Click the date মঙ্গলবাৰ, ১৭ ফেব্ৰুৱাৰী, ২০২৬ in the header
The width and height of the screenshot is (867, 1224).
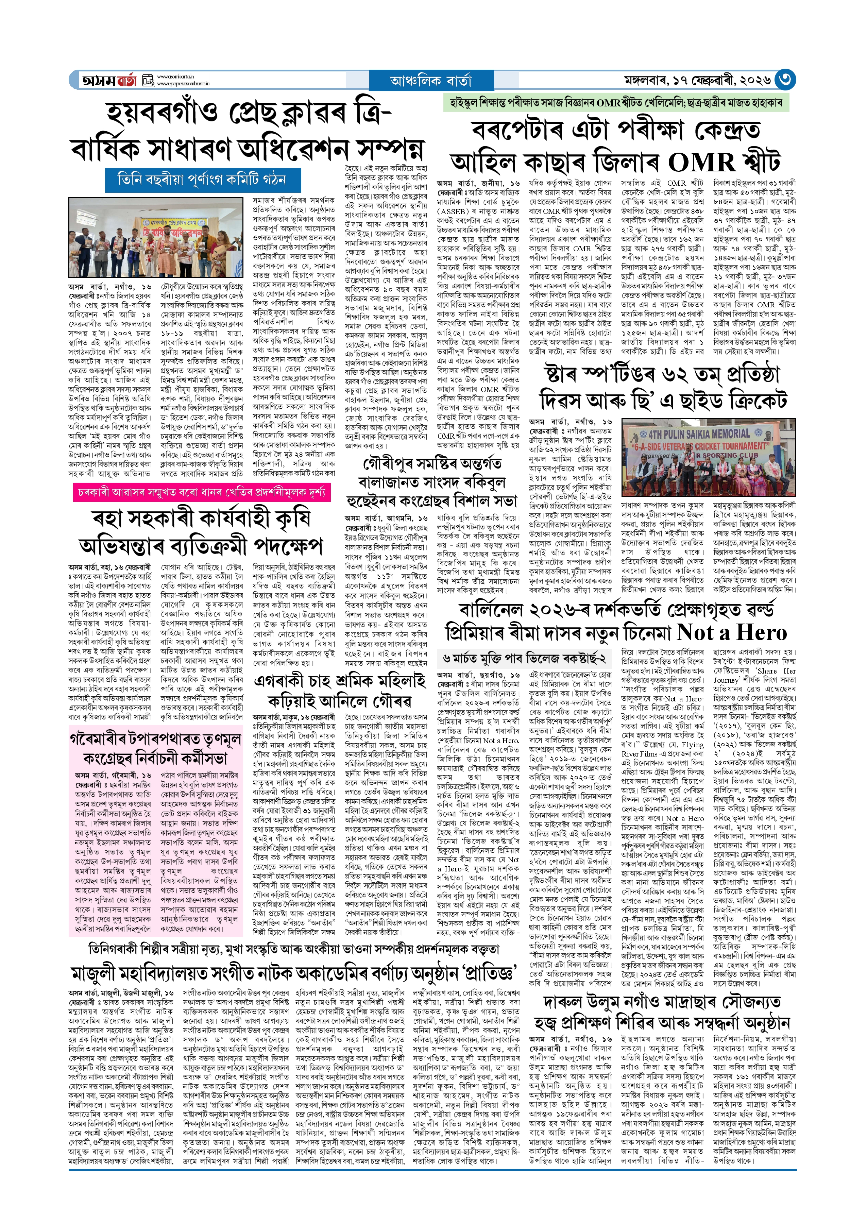click(x=697, y=81)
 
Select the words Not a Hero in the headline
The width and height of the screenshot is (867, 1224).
click(x=731, y=632)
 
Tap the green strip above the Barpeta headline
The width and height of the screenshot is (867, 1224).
click(x=615, y=102)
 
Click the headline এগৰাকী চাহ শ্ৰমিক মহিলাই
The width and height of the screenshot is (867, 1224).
click(x=340, y=681)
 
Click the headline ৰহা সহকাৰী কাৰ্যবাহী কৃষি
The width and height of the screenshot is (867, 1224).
click(x=201, y=519)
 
